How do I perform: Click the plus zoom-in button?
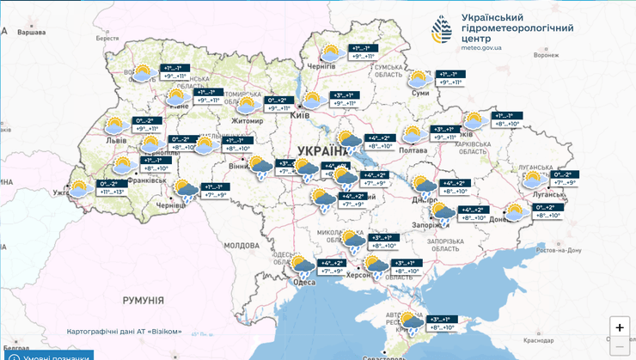[x=619, y=327]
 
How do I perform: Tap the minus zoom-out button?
[x=619, y=347]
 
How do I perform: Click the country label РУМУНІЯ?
[x=143, y=300]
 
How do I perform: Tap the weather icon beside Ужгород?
[x=81, y=188]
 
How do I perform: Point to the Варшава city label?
[x=32, y=33]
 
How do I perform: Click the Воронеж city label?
[x=546, y=56]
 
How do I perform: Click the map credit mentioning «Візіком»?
[x=125, y=332]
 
